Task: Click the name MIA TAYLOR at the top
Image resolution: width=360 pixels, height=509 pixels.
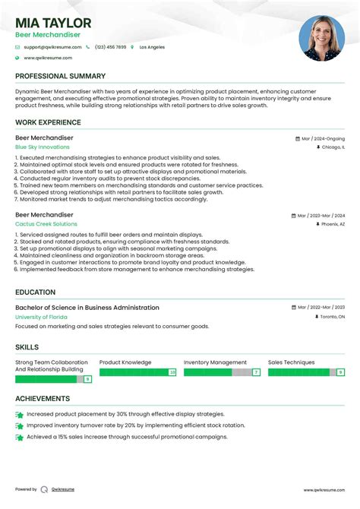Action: [x=53, y=23]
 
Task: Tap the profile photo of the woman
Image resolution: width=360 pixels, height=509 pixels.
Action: [x=321, y=38]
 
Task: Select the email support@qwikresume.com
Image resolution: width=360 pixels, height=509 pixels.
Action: [x=50, y=47]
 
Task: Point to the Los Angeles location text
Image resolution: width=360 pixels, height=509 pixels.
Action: [x=150, y=47]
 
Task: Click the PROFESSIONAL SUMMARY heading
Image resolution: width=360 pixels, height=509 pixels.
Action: [x=60, y=76]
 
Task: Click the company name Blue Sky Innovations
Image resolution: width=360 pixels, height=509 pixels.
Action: [x=42, y=147]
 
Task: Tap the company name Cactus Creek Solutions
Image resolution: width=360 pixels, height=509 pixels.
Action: [x=46, y=224]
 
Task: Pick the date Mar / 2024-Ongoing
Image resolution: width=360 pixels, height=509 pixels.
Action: [x=323, y=139]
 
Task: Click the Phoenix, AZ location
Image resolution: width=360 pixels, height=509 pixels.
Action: [x=333, y=225]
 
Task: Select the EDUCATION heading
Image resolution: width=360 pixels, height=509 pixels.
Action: [x=35, y=292]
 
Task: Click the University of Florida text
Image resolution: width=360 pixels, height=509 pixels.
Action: [x=42, y=317]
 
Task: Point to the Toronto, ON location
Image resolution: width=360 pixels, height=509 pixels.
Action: [x=331, y=317]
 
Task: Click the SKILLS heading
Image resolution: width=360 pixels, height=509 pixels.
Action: [x=27, y=346]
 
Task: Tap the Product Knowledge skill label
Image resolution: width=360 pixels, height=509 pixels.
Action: [x=125, y=363]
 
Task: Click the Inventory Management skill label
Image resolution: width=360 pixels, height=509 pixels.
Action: [x=215, y=363]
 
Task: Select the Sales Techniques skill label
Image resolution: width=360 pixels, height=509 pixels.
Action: [x=291, y=363]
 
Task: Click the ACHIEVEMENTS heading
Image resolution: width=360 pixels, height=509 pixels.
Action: [x=43, y=398]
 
